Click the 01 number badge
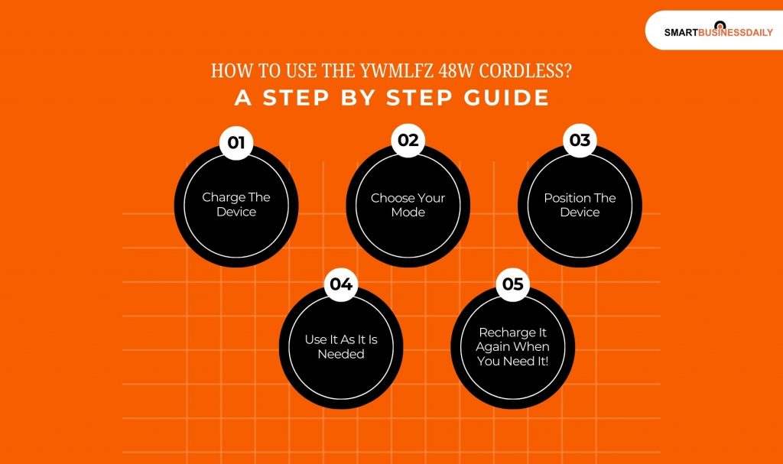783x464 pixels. coord(236,143)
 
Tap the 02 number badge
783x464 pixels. coord(408,141)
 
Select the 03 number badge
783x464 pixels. coord(580,141)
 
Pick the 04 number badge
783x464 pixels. coord(341,284)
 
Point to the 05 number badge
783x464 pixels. coord(513,284)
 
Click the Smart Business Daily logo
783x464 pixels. coord(718,31)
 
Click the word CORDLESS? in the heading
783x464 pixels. coord(525,71)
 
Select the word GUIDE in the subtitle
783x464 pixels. coord(506,97)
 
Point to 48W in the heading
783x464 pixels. coord(456,71)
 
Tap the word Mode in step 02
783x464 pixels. coord(408,213)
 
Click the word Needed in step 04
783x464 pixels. coord(341,354)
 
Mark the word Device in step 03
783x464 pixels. coord(580,213)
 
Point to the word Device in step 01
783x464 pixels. coord(236,212)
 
